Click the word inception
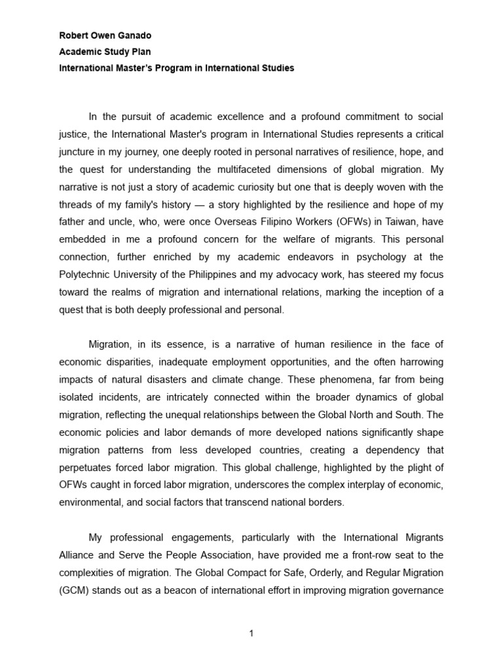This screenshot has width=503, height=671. [x=402, y=293]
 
